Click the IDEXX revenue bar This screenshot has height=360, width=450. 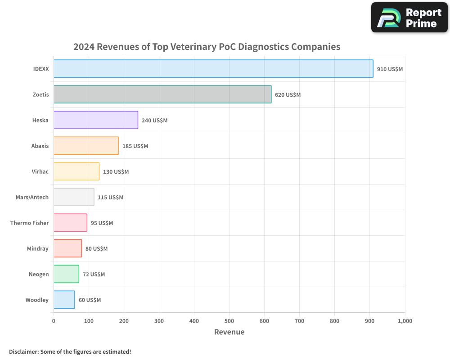[x=213, y=69]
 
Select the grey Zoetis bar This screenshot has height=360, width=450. [x=162, y=94]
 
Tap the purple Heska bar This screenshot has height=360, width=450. [x=96, y=120]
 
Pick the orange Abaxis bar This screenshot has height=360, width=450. [x=86, y=146]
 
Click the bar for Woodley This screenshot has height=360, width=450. [x=64, y=300]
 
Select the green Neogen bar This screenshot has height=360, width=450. [x=66, y=274]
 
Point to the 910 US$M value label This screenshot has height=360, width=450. [x=390, y=69]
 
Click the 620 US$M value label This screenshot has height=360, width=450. [x=288, y=95]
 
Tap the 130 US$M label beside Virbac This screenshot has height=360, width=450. [x=116, y=172]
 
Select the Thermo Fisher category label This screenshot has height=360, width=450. [x=29, y=223]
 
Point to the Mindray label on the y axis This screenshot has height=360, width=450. [x=37, y=248]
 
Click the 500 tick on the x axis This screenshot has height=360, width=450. [x=229, y=321]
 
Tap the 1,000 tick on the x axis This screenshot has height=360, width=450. [x=405, y=321]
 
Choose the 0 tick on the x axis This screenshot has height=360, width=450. [x=54, y=321]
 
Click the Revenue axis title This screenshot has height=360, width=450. [x=229, y=332]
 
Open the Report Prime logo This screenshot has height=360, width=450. [x=409, y=18]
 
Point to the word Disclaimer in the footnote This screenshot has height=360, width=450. [x=23, y=351]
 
